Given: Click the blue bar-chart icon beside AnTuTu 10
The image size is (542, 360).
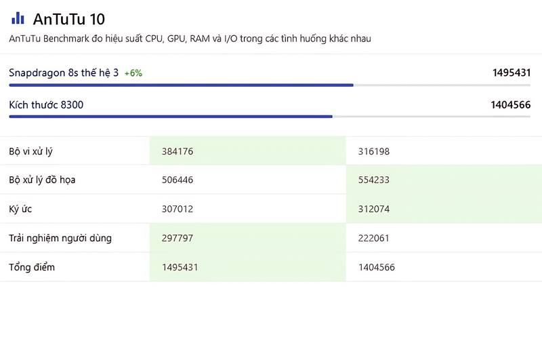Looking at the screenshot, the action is [x=18, y=18].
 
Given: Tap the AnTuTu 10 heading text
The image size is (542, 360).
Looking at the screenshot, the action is [x=69, y=20].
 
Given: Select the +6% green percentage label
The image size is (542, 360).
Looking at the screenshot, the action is [x=133, y=73].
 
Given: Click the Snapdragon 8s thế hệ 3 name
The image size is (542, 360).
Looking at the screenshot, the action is [x=64, y=73].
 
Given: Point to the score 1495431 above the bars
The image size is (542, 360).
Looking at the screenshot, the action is [x=512, y=73].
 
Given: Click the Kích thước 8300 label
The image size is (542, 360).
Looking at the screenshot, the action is [x=46, y=105].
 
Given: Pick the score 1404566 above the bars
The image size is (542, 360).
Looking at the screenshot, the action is [x=511, y=105].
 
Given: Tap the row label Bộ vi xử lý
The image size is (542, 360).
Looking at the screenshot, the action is [x=30, y=151].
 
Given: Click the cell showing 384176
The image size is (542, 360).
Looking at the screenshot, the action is [x=178, y=151].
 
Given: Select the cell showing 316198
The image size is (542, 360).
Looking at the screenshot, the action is [x=374, y=151].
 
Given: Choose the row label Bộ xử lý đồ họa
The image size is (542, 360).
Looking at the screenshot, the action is [x=42, y=180].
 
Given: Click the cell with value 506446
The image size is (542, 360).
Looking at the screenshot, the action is [x=178, y=180].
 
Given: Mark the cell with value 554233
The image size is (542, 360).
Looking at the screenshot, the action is [x=374, y=180].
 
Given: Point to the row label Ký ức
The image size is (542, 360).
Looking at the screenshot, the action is [x=20, y=209].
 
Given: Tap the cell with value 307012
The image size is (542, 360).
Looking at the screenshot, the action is [x=178, y=209].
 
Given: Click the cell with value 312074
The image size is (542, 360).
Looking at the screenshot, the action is [x=374, y=209].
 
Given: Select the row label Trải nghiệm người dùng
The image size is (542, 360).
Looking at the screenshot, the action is [x=60, y=238].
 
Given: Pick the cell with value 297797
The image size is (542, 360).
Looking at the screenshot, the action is [x=178, y=238].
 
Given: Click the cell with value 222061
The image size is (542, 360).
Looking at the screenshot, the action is [x=374, y=238].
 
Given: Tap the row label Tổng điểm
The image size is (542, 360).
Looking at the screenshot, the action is [x=32, y=267].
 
